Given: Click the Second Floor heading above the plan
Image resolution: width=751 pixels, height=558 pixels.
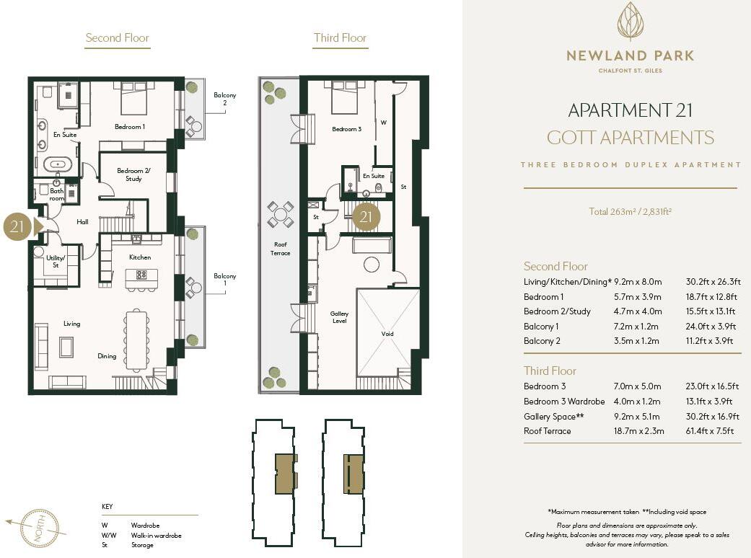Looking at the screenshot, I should coord(117,38).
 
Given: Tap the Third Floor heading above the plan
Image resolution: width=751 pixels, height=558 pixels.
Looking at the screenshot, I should coord(340,38).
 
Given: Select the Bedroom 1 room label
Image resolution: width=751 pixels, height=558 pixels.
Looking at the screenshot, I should coord(130,127).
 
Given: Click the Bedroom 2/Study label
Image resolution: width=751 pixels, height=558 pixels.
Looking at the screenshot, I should coord(133,174).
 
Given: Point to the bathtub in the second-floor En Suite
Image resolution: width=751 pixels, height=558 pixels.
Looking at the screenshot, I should coord(58,164).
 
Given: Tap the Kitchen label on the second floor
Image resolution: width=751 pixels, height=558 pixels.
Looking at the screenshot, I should coord(140,257).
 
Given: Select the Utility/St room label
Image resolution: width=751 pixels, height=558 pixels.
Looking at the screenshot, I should coord(56,261).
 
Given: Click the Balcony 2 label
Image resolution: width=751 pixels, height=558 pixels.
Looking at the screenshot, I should coord(224,99).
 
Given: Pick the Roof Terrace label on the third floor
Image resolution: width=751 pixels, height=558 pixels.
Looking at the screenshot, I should coord(280,249).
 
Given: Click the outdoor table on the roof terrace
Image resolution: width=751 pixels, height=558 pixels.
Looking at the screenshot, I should coord(280,213).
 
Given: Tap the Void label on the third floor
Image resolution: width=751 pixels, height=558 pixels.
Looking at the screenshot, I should coord(387,334).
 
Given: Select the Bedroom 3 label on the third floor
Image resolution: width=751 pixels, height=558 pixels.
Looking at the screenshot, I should coord(346,129).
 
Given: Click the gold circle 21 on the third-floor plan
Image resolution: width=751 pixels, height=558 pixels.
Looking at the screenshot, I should coord(366,216).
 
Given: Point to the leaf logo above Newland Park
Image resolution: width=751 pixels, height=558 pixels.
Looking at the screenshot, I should coord(630,22).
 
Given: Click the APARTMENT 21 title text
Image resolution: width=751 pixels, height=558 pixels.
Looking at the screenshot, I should coord(630,110).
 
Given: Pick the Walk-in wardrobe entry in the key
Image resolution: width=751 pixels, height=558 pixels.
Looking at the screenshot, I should coord(156,536).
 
